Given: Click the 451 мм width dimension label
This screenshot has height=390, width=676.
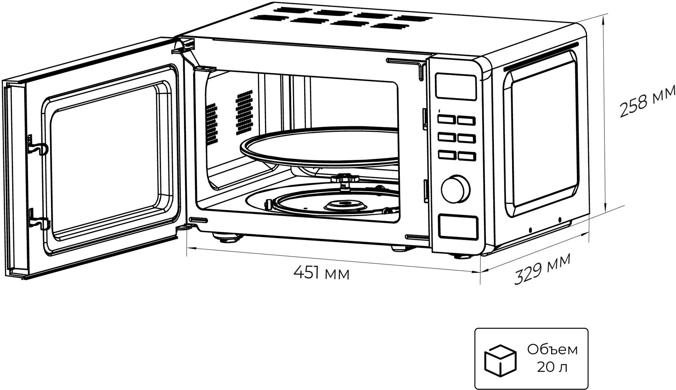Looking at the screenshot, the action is tap(321, 273).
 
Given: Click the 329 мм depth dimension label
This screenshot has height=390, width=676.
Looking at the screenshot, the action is tap(542, 269).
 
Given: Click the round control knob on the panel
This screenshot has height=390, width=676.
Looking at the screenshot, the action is tap(456, 189).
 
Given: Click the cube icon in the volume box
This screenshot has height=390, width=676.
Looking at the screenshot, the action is tap(500, 360).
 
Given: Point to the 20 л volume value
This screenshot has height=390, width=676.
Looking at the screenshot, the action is tap(552, 367).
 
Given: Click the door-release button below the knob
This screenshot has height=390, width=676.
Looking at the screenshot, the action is tap(458, 226).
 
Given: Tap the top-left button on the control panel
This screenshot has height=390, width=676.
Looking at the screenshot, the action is tap(445, 119).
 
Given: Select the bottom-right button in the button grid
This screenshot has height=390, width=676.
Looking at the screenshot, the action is tap(466, 156).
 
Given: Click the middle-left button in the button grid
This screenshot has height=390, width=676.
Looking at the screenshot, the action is tap(446, 137).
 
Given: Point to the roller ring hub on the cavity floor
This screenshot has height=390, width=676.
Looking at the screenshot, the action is tap(345, 205).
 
